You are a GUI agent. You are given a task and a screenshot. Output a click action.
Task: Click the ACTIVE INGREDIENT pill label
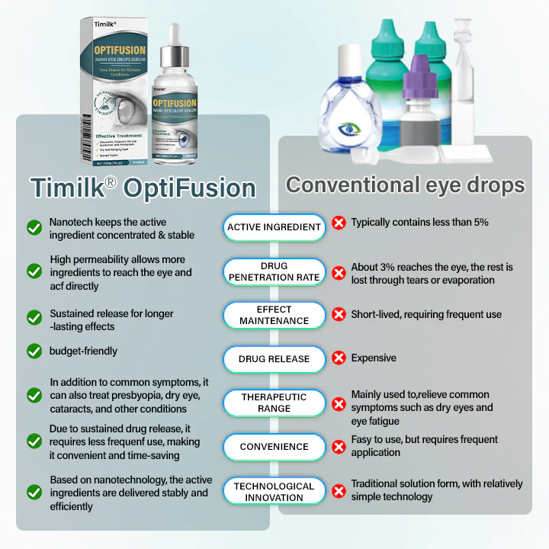pyautogui.click(x=274, y=226)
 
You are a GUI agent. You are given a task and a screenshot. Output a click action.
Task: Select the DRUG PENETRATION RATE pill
pyautogui.click(x=274, y=272)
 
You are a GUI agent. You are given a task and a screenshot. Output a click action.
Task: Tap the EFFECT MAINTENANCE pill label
pyautogui.click(x=274, y=316)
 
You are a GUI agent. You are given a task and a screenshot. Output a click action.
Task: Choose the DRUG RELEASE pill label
pyautogui.click(x=274, y=358)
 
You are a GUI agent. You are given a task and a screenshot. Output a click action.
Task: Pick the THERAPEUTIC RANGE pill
pyautogui.click(x=274, y=403)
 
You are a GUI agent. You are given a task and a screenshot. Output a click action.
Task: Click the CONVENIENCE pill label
pyautogui.click(x=274, y=447)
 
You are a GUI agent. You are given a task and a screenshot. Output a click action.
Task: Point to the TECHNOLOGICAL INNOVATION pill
pyautogui.click(x=274, y=492)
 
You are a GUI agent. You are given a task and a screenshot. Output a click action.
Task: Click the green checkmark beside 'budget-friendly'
pyautogui.click(x=34, y=352)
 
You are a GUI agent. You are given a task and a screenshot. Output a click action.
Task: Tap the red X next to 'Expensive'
pyautogui.click(x=339, y=358)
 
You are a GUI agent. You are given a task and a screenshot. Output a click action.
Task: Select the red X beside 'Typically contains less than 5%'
pyautogui.click(x=339, y=223)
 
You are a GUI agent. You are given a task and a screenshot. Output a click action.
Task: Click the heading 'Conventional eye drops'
pyautogui.click(x=405, y=185)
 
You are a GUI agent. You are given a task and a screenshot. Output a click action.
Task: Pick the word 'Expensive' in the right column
pyautogui.click(x=374, y=358)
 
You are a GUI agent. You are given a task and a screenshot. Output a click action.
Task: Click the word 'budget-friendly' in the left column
pyautogui.click(x=84, y=352)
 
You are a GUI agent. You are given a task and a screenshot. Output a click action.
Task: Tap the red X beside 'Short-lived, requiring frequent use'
pyautogui.click(x=339, y=314)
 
